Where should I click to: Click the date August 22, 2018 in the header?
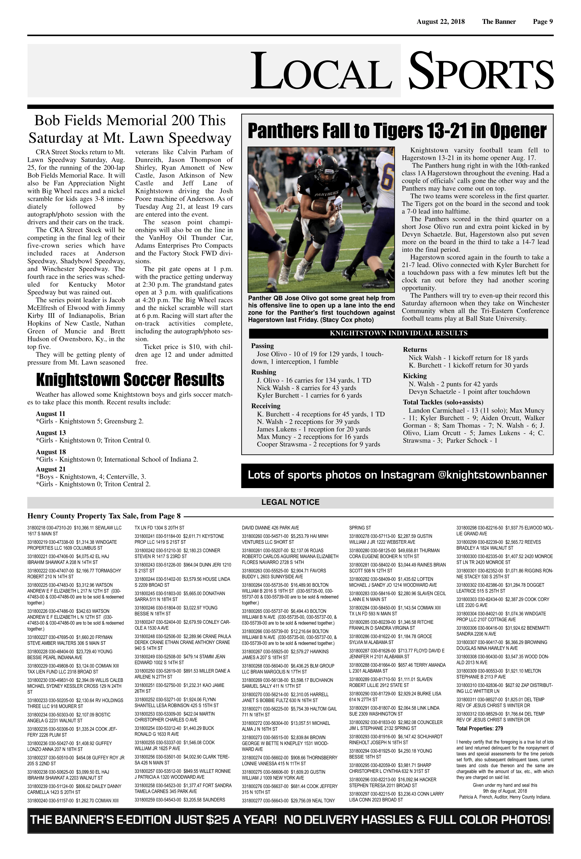pyautogui.click(x=441, y=22)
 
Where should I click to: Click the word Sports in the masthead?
pyautogui.click(x=480, y=71)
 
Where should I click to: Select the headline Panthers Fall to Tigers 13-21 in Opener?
pyautogui.click(x=397, y=131)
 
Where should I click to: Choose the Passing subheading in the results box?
pyautogui.click(x=262, y=346)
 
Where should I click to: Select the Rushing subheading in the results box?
pyautogui.click(x=263, y=372)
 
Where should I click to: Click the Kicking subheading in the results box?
pyautogui.click(x=415, y=376)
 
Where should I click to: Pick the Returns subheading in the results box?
pyautogui.click(x=415, y=350)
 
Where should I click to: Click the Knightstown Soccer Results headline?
pyautogui.click(x=130, y=380)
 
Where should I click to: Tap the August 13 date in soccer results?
pyautogui.click(x=51, y=433)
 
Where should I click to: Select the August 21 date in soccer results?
pyautogui.click(x=51, y=469)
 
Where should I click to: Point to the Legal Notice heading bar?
pyautogui.click(x=290, y=502)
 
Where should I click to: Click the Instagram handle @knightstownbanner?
pyautogui.click(x=492, y=475)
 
